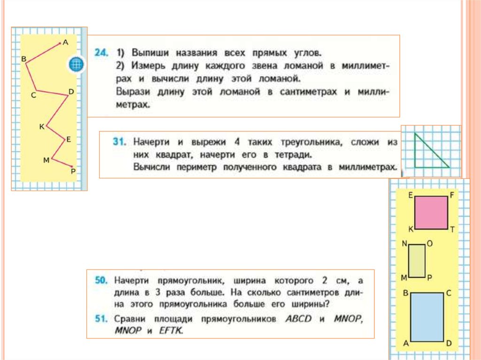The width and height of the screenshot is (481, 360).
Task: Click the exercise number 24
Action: pos(101,53)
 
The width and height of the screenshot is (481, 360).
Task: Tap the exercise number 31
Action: pos(120,141)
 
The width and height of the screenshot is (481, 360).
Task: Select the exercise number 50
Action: pos(101,281)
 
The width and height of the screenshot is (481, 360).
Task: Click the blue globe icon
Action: pos(76,64)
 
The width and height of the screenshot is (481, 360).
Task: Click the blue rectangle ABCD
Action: pos(427,317)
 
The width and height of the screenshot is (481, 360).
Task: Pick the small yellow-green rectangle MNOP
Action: pos(417,261)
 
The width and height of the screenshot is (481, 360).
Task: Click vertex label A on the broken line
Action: pos(65,42)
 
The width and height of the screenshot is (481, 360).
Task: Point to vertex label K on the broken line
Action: pos(41,127)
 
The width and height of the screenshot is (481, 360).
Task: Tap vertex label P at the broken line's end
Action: pos(73,171)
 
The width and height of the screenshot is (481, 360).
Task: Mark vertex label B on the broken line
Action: pos(23,58)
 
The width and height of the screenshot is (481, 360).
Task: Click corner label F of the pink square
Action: pos(452,195)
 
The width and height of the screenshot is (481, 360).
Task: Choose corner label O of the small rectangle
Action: pos(429,244)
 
